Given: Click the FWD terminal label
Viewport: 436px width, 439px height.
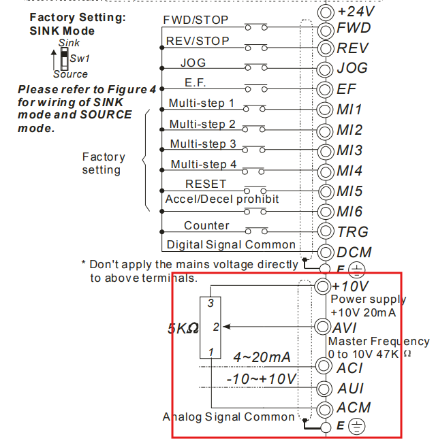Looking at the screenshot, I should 354,28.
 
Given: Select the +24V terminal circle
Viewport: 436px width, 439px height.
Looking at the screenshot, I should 326,12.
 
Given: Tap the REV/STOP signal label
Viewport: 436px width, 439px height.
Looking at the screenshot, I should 198,41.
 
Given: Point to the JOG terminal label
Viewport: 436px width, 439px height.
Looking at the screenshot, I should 352,68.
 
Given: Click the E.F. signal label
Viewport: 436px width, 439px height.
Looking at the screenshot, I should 196,82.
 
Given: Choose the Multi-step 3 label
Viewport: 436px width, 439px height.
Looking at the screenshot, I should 203,144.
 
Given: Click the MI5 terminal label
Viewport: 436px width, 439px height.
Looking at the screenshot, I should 349,191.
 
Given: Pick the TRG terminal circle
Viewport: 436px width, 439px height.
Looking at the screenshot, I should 326,231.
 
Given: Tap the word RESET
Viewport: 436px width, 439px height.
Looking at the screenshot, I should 206,184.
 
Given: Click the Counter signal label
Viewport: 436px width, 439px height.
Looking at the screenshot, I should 206,225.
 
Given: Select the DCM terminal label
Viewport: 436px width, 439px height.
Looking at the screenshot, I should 354,252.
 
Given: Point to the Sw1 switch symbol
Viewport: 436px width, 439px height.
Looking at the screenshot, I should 65,56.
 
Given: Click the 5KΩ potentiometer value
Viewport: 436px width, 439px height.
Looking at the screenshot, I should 183,328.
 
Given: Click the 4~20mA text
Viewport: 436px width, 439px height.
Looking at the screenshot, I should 262,357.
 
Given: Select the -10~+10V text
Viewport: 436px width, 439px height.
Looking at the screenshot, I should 261,378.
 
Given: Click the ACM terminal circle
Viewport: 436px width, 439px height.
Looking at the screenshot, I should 324,409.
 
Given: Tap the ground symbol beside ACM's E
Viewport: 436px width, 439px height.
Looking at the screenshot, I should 356,427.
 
